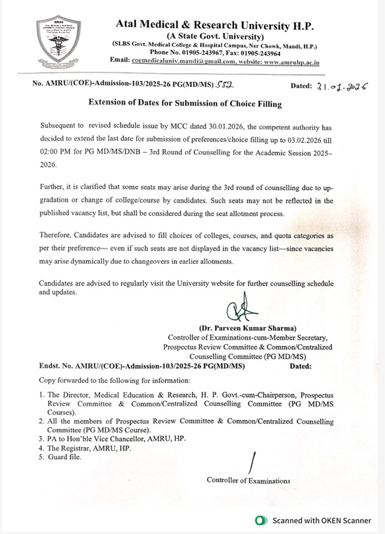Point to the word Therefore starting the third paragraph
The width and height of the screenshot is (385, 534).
[x=55, y=235]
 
